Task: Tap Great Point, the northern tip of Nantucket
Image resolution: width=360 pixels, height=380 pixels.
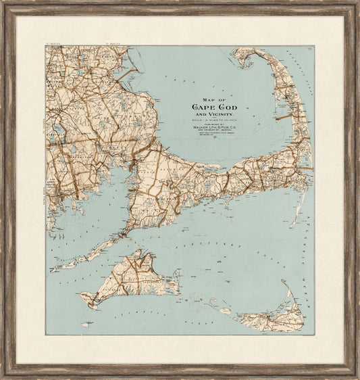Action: tap(288, 284)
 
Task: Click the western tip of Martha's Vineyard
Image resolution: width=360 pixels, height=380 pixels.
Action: tap(81, 295)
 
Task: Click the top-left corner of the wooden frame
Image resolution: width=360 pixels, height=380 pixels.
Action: tap(3, 3)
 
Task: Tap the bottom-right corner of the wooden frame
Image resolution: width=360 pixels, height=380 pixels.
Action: tap(357, 377)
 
